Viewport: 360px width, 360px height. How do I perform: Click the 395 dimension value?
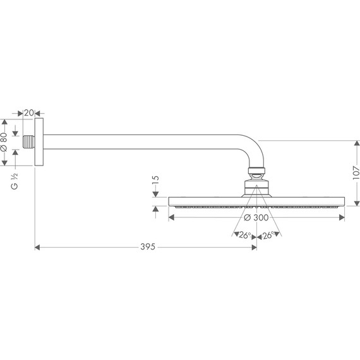pos(148,247)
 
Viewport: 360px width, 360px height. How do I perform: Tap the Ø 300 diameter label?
pos(256,217)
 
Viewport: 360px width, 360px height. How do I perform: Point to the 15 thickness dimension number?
pos(155,179)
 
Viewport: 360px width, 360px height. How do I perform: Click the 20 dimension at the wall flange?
pos(29,112)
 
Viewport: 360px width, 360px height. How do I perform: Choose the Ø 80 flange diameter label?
pos(4,142)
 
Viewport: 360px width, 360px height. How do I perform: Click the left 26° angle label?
pos(245,235)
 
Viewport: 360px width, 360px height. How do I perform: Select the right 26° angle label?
pos(268,235)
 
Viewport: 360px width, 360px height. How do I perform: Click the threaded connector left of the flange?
pos(28,142)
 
